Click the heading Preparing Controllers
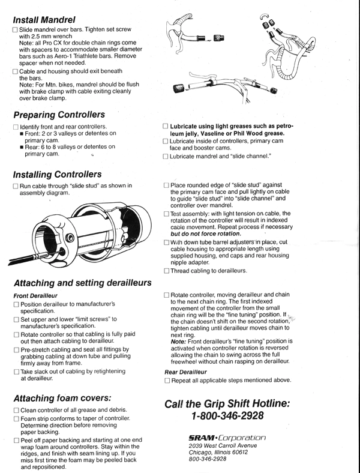click(59, 115)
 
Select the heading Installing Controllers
click(57, 175)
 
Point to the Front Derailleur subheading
click(35, 296)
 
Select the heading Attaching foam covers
click(63, 398)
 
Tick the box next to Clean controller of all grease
click(16, 411)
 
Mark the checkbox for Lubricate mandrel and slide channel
click(166, 157)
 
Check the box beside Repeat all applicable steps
click(166, 381)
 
